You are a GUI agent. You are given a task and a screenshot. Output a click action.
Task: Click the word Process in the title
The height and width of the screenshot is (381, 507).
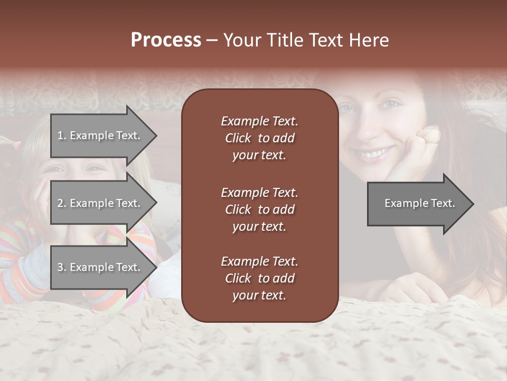[x=166, y=40]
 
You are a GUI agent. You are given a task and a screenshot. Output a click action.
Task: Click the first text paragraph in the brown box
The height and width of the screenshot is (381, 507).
[x=259, y=138]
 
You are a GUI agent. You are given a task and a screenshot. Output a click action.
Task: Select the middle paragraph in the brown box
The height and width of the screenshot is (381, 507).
[x=259, y=210]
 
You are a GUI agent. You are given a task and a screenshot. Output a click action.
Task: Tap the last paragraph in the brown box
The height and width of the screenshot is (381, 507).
[x=259, y=278]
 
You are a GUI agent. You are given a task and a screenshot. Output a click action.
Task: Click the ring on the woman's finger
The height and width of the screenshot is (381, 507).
[x=431, y=142]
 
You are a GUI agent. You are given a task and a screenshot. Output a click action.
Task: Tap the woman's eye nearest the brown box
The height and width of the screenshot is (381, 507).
[x=346, y=109]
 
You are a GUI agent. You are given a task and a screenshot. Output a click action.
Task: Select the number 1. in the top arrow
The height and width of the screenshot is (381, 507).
[x=62, y=135]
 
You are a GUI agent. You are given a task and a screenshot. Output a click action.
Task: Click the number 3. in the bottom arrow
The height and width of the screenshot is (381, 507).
[x=62, y=267]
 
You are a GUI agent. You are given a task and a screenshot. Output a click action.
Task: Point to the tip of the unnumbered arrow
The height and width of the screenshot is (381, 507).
[x=473, y=203]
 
